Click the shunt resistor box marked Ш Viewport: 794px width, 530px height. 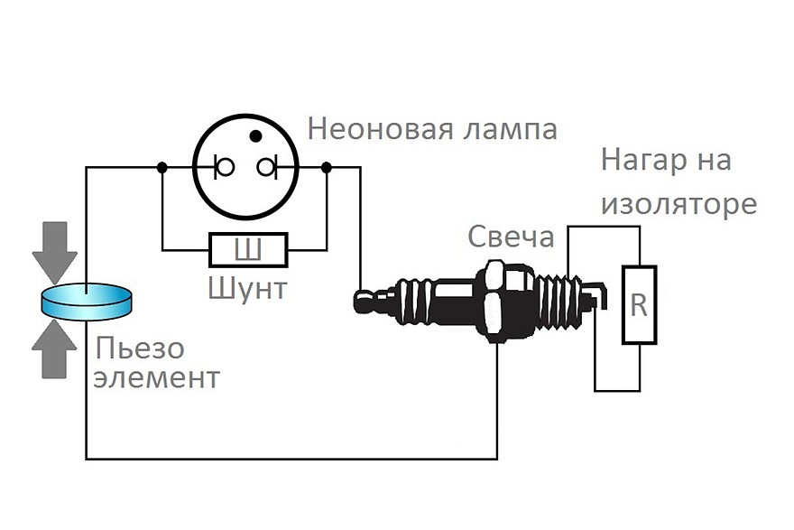pos(248,249)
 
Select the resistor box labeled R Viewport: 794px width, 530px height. pos(639,305)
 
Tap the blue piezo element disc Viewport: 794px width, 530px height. pos(87,301)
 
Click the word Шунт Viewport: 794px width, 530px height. pos(247,290)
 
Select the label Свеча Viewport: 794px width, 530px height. pos(510,237)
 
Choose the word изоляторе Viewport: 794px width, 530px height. pos(678,204)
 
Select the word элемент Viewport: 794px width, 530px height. pos(157,377)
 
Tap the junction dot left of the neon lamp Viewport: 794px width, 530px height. pos(162,167)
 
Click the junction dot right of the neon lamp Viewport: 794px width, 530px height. pos(327,167)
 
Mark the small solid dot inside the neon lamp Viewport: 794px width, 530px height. pos(256,136)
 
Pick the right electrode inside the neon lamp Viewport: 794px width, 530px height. pos(268,167)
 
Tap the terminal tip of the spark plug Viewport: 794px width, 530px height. pos(364,301)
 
